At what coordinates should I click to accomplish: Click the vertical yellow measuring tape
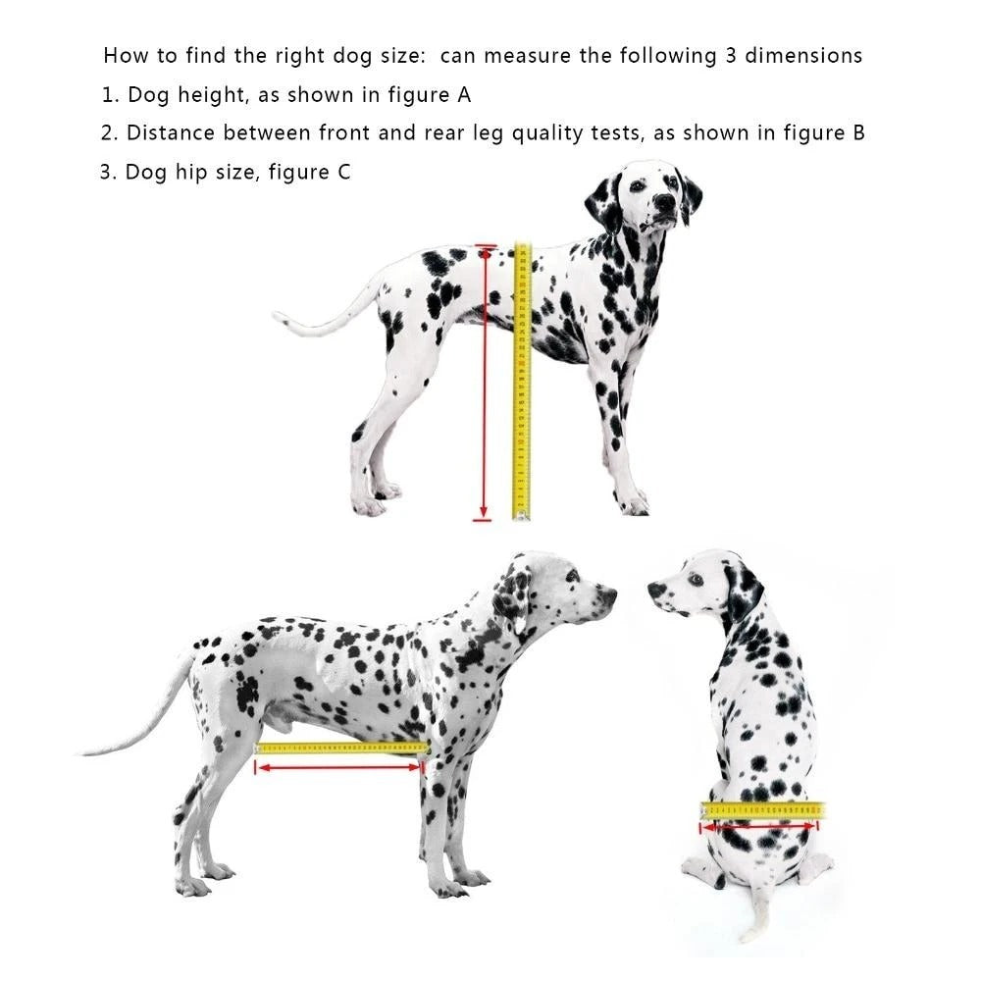(522, 383)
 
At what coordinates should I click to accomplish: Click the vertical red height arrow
(483, 383)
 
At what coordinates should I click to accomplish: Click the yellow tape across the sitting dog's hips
(762, 810)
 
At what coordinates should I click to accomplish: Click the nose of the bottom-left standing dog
(609, 594)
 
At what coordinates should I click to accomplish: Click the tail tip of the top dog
(281, 317)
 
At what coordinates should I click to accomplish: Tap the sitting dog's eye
(696, 579)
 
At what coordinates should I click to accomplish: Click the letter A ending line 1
(463, 95)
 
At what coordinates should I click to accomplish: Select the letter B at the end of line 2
(857, 133)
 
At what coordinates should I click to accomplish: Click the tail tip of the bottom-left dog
(86, 751)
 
